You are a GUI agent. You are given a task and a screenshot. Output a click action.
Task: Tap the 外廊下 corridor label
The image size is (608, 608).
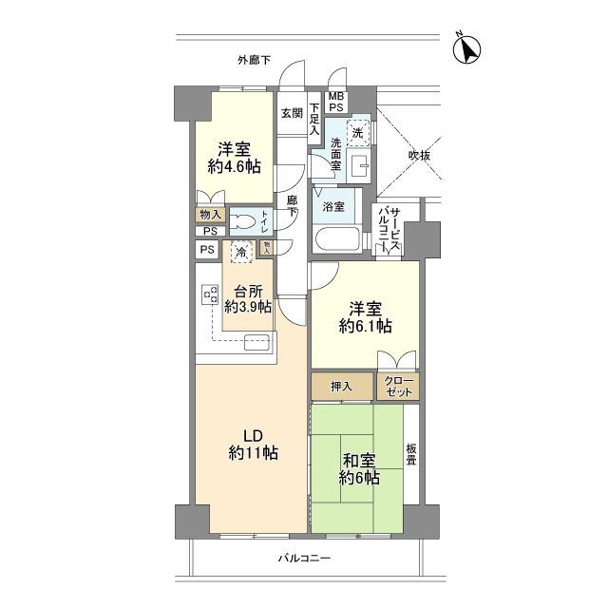click(x=255, y=61)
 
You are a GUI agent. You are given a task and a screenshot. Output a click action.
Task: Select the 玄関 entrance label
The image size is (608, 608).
click(x=291, y=112)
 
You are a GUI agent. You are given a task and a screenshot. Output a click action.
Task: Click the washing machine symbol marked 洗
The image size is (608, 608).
click(x=358, y=134)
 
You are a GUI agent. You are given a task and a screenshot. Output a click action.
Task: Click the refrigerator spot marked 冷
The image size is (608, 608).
click(x=242, y=254)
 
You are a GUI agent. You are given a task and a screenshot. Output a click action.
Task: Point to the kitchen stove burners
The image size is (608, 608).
click(x=209, y=296)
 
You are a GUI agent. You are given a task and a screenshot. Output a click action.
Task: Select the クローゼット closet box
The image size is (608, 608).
click(x=397, y=386)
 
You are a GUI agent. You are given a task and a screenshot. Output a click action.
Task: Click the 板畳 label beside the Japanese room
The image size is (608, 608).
click(x=411, y=457)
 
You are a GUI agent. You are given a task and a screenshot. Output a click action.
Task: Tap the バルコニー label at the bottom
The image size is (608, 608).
click(x=305, y=559)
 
